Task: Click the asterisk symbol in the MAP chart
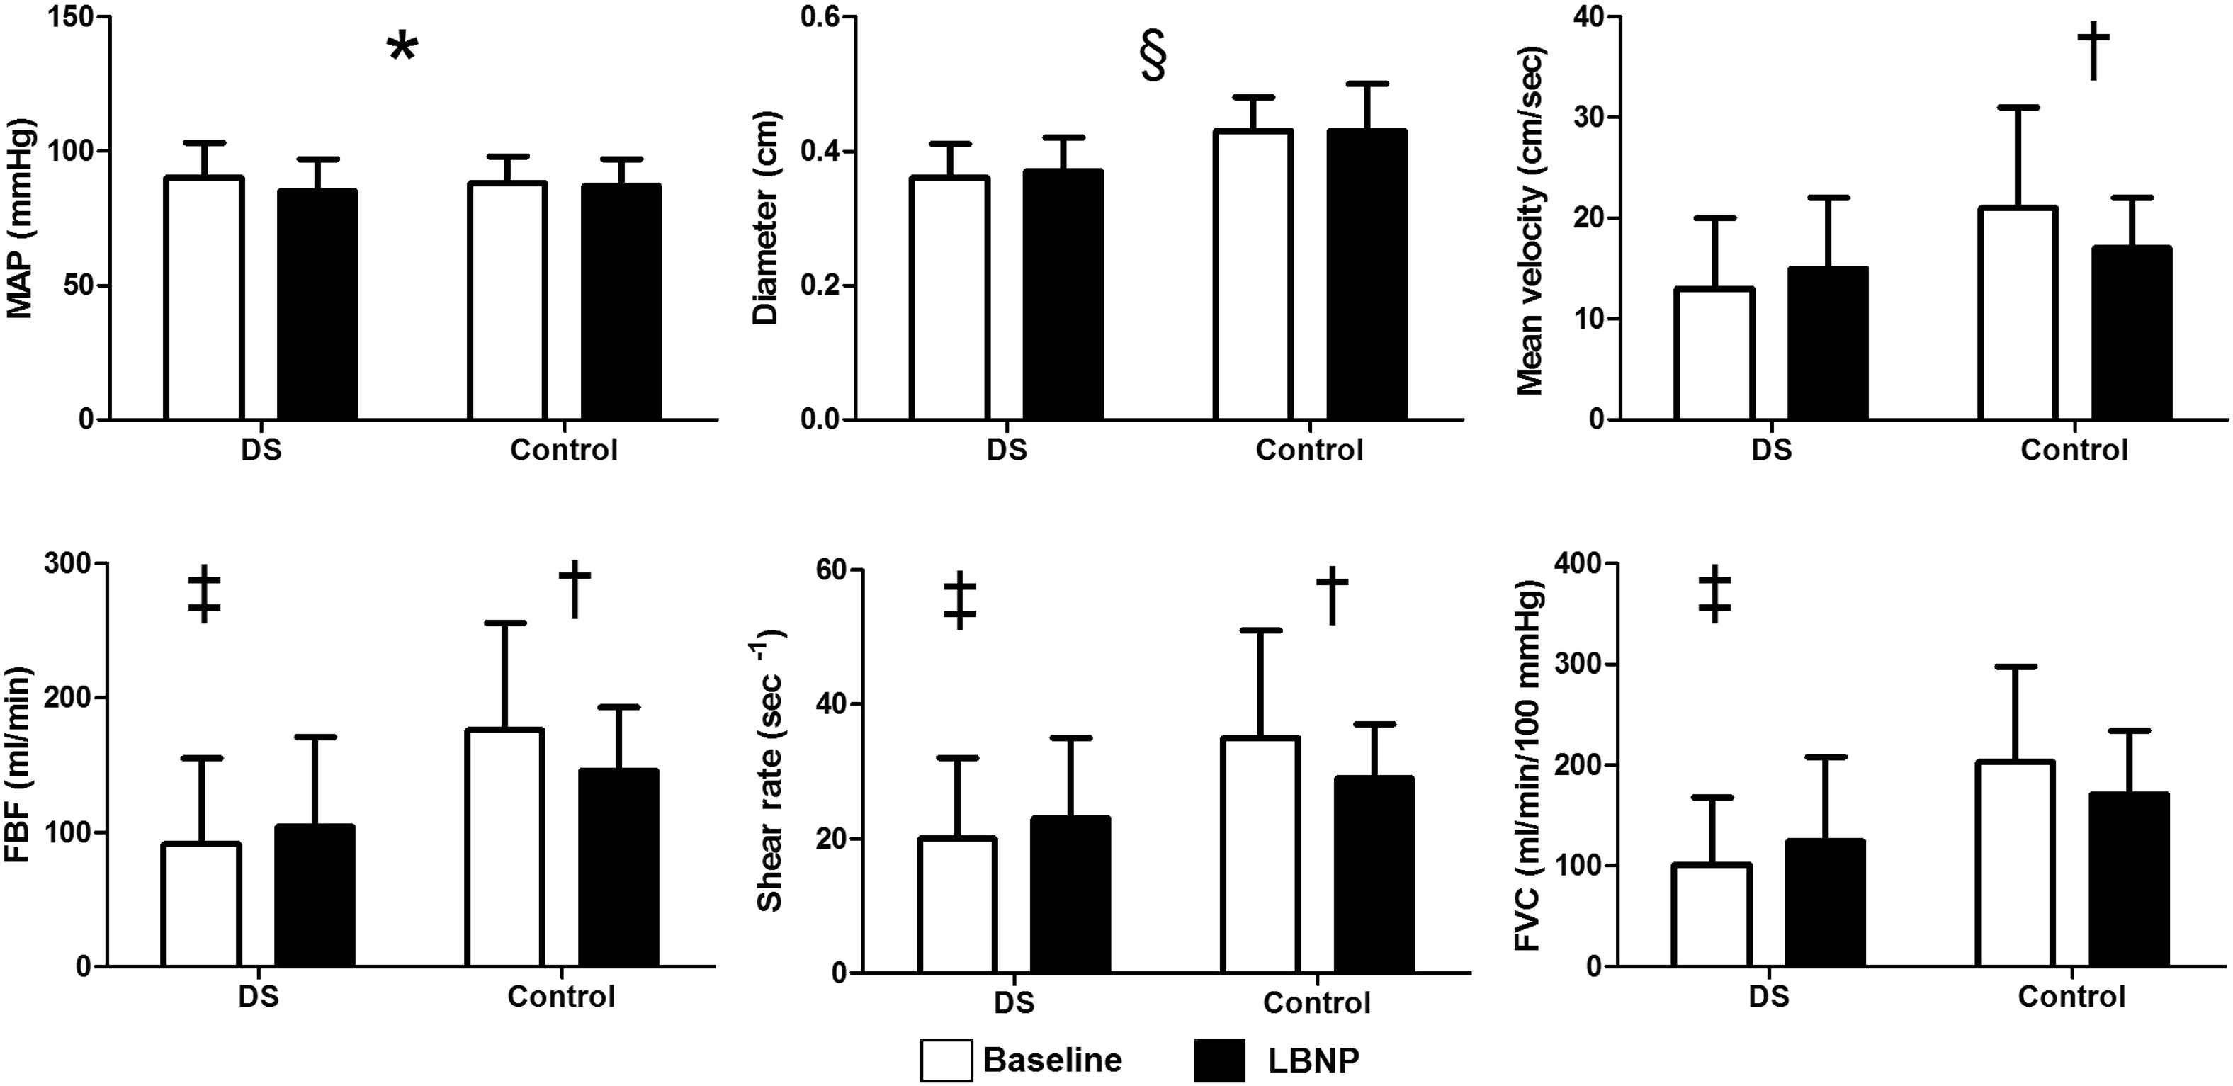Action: point(402,47)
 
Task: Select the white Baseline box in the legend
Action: point(946,1060)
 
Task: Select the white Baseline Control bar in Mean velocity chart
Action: point(2017,313)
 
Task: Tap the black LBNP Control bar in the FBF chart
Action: point(619,868)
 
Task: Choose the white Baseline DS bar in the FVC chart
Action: point(1712,915)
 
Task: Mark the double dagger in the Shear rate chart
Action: point(961,600)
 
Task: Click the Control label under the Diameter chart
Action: point(1309,450)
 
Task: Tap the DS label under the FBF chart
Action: point(259,996)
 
